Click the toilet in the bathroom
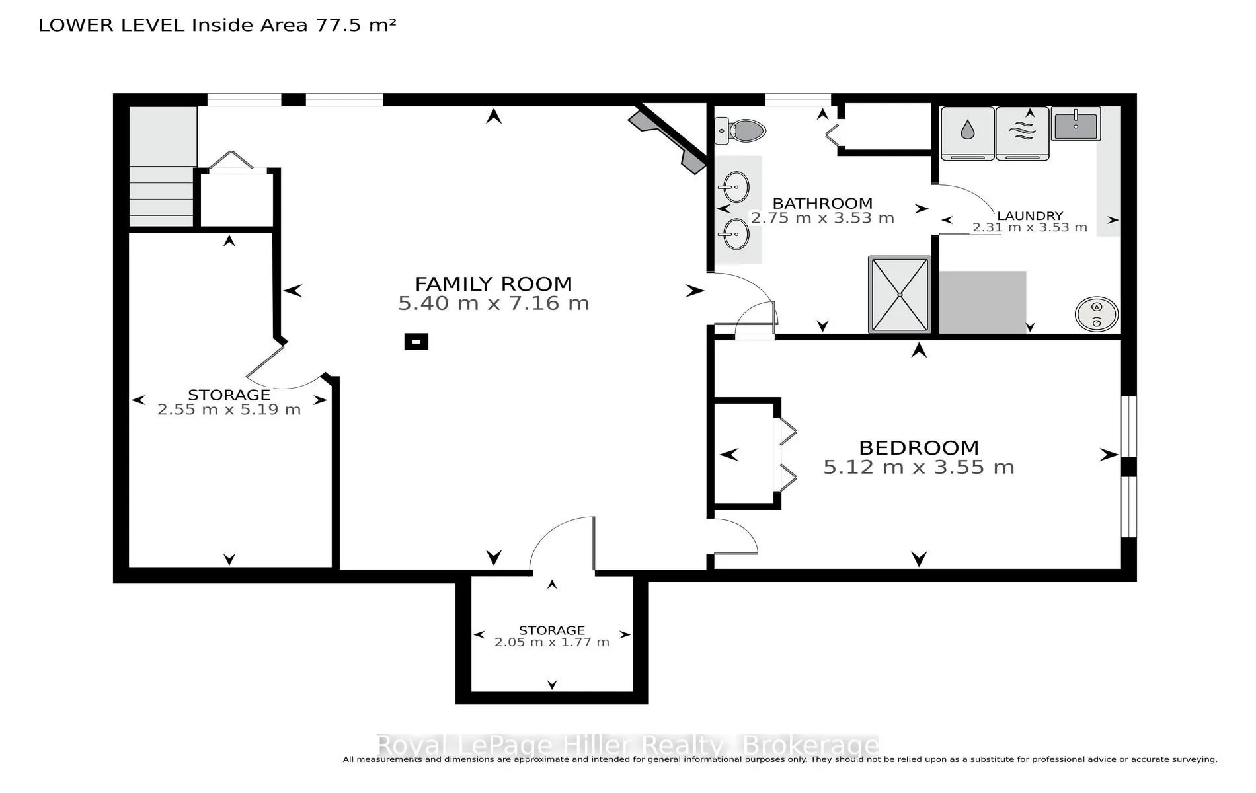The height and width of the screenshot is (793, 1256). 740,131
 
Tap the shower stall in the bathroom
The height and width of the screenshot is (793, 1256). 900,294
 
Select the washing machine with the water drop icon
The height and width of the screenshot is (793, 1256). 967,133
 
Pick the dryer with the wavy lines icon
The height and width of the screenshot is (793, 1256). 1022,133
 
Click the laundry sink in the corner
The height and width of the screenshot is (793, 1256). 1076,124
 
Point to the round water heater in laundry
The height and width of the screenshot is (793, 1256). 1097,314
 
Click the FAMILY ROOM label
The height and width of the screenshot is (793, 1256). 493,283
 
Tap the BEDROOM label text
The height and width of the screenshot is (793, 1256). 919,447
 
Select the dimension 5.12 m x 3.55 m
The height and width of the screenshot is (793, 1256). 919,467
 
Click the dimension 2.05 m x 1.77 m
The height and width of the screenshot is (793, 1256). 552,642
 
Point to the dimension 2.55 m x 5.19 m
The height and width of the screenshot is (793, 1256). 229,410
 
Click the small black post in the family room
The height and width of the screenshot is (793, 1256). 416,342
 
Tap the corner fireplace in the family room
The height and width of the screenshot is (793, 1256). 668,142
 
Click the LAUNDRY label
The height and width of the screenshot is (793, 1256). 1030,216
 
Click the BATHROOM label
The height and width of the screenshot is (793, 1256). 822,204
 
